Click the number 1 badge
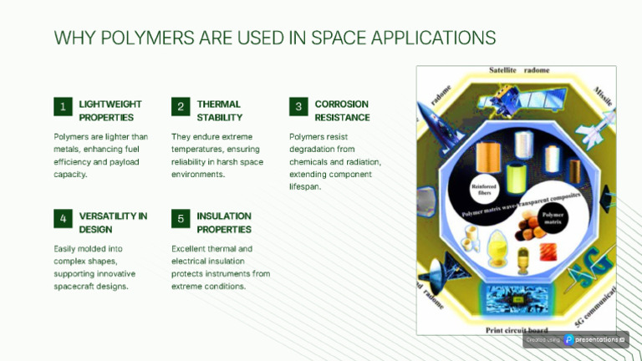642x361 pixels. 62,107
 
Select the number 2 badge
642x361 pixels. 180,107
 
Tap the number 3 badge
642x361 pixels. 298,107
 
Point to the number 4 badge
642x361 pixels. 62,219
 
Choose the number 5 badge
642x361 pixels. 180,219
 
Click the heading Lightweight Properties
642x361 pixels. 110,111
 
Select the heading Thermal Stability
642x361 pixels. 220,111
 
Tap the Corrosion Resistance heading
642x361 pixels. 342,111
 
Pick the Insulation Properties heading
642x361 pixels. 224,222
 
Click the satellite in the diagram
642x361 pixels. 519,100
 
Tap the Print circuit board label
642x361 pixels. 517,329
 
